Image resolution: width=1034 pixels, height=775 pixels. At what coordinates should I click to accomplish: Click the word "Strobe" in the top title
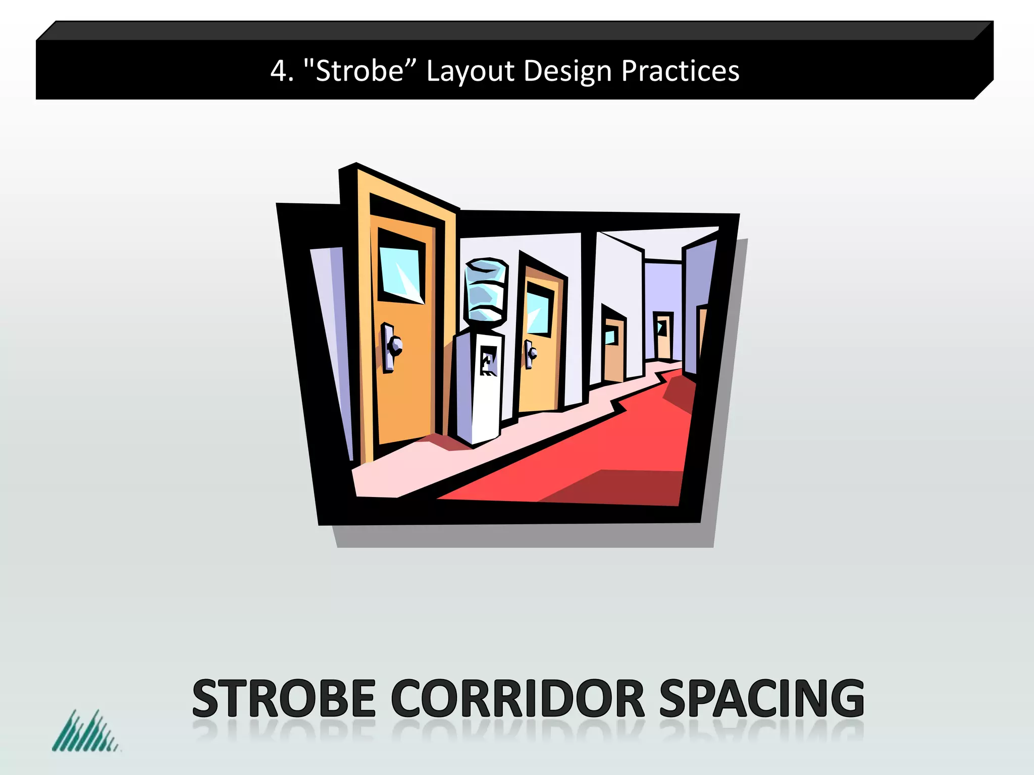[360, 71]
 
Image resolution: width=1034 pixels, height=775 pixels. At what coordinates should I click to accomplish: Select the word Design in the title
[567, 71]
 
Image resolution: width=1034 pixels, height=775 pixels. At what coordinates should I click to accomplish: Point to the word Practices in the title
[680, 71]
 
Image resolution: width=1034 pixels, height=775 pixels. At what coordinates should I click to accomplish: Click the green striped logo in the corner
[85, 732]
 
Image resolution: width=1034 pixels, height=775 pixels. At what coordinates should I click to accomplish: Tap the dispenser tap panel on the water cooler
[488, 360]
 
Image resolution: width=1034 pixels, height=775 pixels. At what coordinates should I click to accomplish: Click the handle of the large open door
[391, 347]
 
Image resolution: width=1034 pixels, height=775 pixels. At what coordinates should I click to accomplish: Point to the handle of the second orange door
[530, 353]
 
